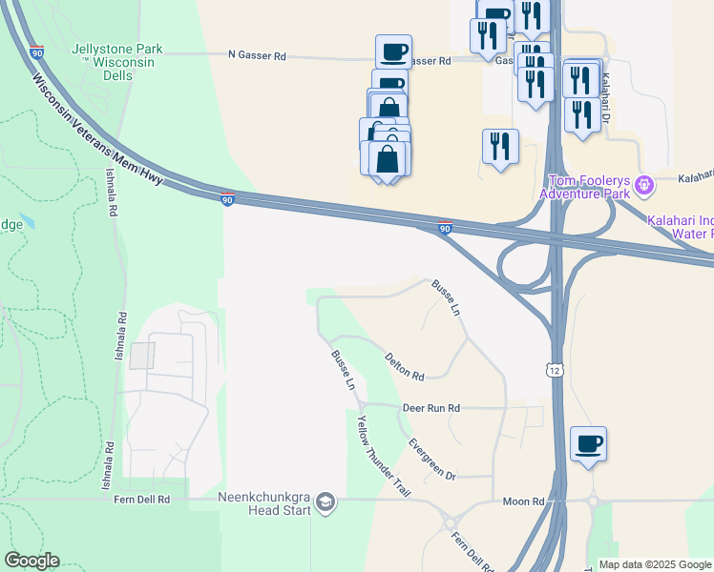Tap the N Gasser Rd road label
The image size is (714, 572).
(257, 56)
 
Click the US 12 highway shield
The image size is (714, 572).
(554, 369)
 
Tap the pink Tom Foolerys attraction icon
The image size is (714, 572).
(645, 182)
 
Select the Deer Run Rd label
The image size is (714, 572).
(430, 408)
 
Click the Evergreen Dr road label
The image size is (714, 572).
(431, 459)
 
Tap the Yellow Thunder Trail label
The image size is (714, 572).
(383, 457)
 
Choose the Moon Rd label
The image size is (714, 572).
(524, 501)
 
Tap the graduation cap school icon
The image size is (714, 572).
(325, 502)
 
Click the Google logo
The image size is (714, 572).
(31, 561)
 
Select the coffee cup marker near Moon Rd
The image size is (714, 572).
(588, 443)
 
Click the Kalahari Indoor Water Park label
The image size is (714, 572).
(680, 226)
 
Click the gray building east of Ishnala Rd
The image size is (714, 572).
(142, 356)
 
